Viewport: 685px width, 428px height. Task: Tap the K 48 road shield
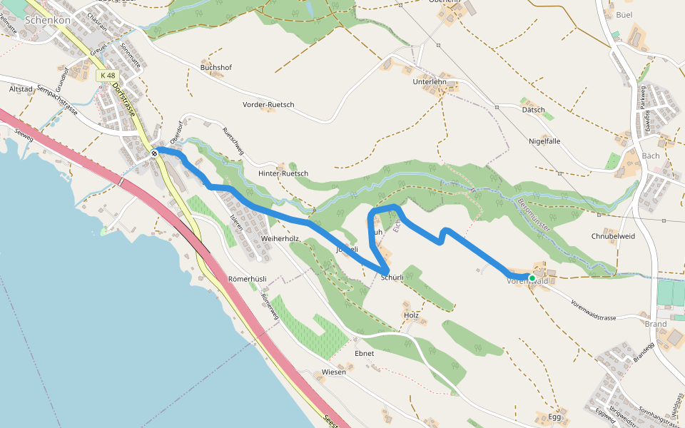[107, 75]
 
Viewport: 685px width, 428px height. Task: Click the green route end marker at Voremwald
[532, 277]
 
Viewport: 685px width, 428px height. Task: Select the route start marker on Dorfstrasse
[154, 152]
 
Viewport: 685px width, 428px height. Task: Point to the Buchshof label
[215, 68]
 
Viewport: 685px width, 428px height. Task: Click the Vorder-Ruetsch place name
[268, 105]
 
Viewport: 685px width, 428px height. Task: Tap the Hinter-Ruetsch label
[283, 174]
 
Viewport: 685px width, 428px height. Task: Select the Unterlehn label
[430, 82]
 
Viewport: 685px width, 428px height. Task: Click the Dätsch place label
[533, 111]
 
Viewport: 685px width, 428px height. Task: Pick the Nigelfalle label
[544, 141]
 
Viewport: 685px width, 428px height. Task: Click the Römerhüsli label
[247, 278]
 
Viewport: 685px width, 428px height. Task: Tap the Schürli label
[392, 277]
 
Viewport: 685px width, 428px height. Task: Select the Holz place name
[411, 315]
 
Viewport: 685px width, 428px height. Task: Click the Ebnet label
[364, 353]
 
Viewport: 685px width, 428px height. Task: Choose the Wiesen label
[334, 372]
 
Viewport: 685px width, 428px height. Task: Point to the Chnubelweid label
[613, 236]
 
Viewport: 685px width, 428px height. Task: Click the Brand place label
[655, 324]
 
